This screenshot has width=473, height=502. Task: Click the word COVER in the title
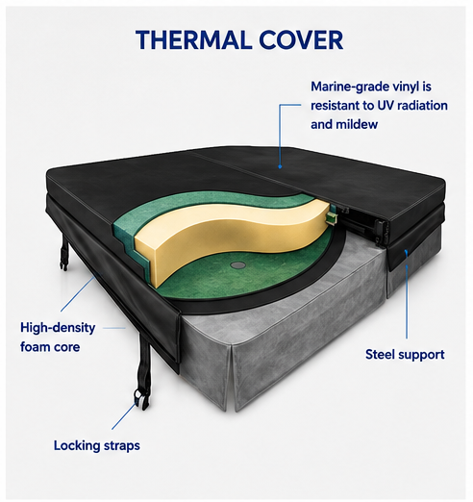click(301, 39)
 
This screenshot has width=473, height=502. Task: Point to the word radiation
click(422, 106)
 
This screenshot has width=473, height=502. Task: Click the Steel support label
click(405, 355)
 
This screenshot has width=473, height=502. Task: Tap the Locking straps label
click(97, 446)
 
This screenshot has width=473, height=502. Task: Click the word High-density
click(58, 328)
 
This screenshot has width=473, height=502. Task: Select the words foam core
click(50, 347)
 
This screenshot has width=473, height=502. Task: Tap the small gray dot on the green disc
click(237, 264)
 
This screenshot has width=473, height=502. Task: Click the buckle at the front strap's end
click(138, 397)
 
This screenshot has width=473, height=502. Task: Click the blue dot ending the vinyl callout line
click(280, 166)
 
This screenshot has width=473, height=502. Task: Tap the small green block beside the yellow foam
click(331, 217)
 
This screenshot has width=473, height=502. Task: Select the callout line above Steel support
click(407, 294)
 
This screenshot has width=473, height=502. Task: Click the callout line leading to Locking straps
click(124, 414)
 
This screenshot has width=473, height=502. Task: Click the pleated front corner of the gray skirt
click(231, 378)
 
